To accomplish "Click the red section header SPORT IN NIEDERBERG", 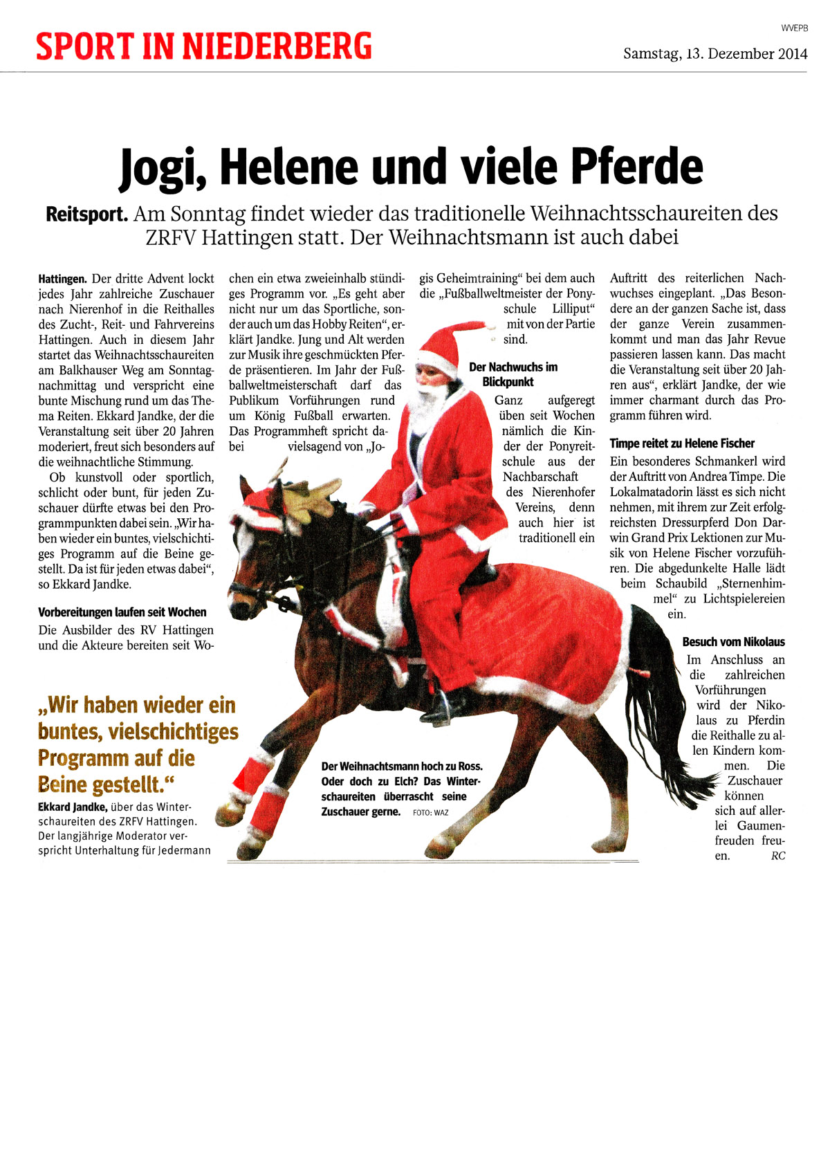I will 204,46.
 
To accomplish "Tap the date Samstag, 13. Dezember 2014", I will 715,53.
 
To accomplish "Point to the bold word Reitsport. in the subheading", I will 87,214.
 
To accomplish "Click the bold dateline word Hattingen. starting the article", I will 62,279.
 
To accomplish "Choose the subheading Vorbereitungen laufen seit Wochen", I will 122,612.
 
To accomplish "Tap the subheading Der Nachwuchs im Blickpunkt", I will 512,374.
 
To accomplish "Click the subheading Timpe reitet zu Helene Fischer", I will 682,443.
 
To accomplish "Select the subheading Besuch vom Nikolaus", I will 733,642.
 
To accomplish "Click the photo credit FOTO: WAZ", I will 430,813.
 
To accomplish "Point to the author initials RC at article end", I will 777,856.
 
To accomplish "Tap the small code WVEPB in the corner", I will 795,28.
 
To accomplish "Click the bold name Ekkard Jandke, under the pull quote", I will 73,807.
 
